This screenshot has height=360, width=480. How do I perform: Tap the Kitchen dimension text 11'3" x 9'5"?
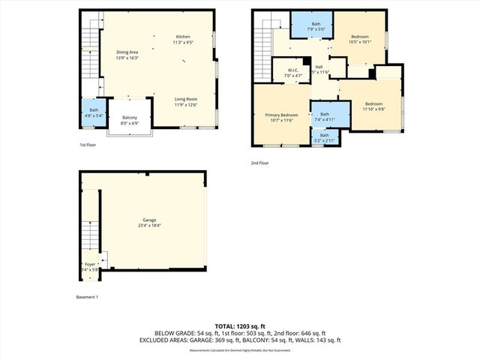(183, 43)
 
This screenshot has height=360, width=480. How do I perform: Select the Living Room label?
(185, 99)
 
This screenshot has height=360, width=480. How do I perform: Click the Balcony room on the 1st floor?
(130, 120)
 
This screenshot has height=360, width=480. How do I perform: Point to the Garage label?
(150, 220)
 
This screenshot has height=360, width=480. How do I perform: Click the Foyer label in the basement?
(90, 264)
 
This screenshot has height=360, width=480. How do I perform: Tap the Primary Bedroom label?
(281, 115)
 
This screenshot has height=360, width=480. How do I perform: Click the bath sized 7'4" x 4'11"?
(325, 116)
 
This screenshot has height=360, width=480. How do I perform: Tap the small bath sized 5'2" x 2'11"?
(325, 138)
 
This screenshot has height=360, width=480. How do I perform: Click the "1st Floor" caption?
(88, 145)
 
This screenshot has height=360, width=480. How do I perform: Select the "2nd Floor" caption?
(260, 163)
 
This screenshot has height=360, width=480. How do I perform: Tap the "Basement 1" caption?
(88, 297)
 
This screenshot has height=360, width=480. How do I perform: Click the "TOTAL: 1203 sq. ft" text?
(240, 326)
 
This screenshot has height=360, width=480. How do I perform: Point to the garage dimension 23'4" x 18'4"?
(150, 225)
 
